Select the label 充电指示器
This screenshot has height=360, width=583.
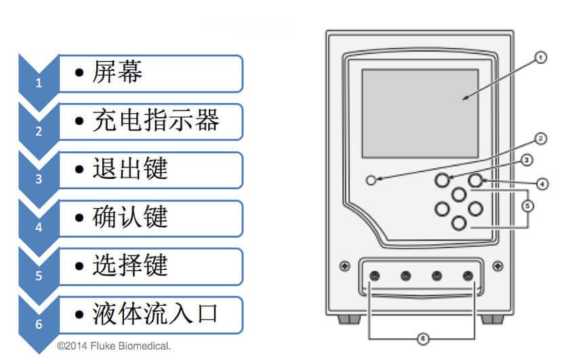156,121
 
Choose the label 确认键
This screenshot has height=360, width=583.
129,217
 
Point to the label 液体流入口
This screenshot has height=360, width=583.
156,314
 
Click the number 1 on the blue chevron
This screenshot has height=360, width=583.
39,83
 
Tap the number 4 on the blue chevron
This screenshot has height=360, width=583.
39,228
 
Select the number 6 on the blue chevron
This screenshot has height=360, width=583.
39,324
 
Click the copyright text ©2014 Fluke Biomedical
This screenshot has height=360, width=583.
113,346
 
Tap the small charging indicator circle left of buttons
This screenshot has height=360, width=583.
370,180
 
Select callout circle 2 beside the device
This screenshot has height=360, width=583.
540,140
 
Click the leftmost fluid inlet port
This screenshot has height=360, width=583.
374,276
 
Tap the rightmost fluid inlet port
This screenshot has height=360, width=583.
467,276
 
